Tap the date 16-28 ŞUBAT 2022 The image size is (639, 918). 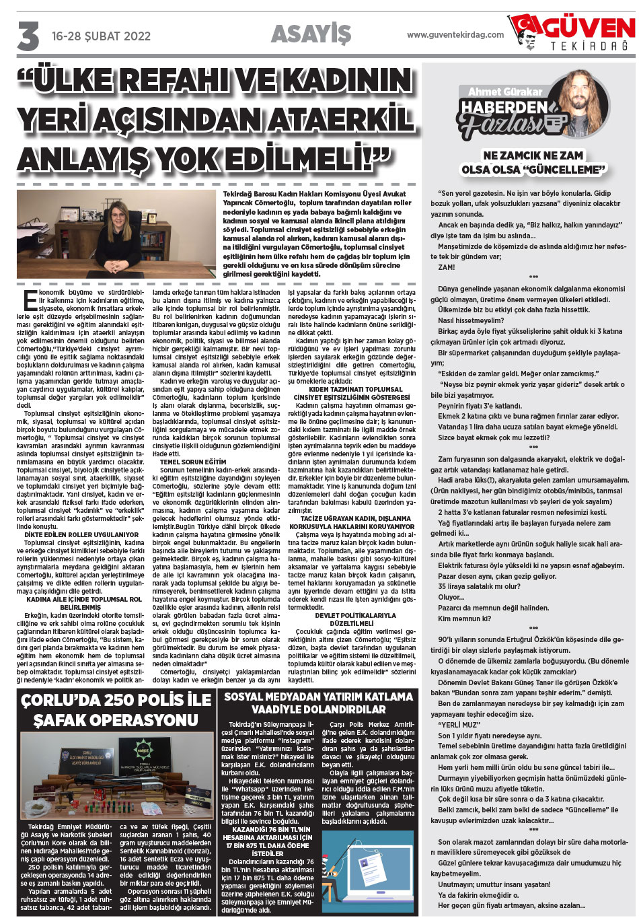(x=100, y=36)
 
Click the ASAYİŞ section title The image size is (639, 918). (x=311, y=34)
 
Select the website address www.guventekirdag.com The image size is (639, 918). (x=455, y=34)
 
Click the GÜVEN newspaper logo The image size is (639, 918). (x=572, y=34)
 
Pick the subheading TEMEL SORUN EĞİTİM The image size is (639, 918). (x=193, y=462)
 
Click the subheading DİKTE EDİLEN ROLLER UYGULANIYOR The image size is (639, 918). (x=81, y=535)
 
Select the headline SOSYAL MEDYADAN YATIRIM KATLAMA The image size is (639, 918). (x=318, y=697)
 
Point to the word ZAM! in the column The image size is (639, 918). (x=446, y=267)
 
